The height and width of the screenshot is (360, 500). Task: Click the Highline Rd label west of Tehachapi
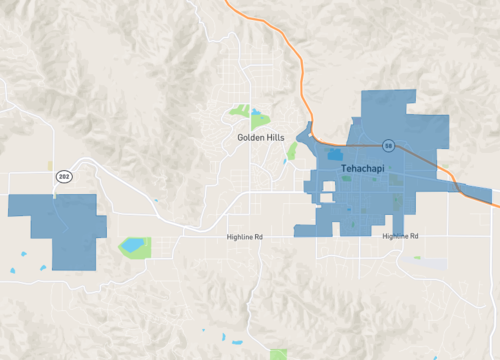(243, 237)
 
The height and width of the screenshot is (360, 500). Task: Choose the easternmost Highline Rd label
(400, 236)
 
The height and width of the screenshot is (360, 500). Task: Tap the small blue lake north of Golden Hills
(255, 112)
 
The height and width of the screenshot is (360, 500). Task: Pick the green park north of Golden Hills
(239, 110)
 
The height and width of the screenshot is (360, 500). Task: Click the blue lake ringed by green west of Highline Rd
(131, 245)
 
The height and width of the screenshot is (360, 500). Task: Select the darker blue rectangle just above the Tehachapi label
(331, 156)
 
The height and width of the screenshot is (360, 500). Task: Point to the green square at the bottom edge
(278, 354)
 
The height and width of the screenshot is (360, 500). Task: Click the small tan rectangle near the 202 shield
(50, 165)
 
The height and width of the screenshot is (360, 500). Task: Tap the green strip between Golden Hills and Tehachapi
(292, 151)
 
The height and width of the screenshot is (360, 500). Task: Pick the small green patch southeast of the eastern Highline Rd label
(417, 258)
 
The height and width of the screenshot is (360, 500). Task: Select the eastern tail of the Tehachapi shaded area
(480, 195)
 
